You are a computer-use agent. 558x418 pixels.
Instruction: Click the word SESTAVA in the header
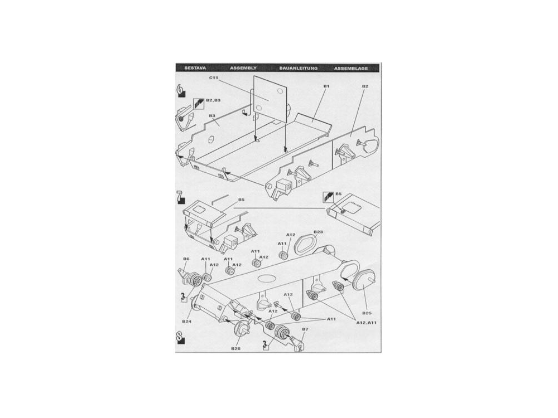point(195,68)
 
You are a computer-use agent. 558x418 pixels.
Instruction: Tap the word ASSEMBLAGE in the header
point(351,68)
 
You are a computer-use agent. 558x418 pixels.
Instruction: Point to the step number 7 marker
point(181,197)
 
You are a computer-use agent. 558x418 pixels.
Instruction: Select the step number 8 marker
point(181,337)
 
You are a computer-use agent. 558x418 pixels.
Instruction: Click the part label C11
point(214,78)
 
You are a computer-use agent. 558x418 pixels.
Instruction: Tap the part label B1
point(326,86)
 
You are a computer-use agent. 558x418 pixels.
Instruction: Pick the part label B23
point(318,232)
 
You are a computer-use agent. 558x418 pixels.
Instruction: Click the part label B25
point(367,313)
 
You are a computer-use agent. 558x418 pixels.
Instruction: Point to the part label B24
point(187,322)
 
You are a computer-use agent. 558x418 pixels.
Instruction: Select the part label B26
point(235,349)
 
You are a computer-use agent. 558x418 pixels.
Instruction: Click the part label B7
point(305,329)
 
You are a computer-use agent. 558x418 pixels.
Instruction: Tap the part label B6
point(186,259)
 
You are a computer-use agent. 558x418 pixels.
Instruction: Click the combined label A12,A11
point(366,322)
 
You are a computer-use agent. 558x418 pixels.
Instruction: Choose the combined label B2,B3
point(213,100)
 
